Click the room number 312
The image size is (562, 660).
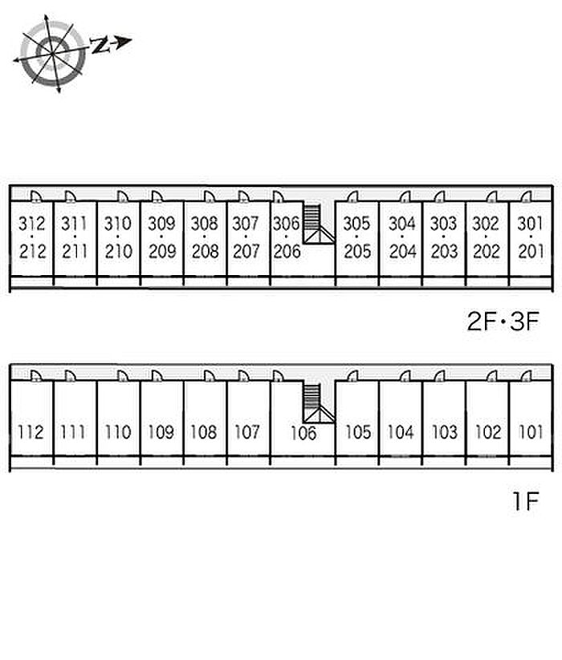(31, 223)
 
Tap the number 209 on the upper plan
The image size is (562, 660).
(162, 251)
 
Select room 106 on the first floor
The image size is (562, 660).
(303, 433)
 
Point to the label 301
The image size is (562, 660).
(530, 223)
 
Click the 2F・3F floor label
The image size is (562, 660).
(503, 321)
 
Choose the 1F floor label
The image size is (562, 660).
(526, 501)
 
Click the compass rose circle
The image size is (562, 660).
(53, 54)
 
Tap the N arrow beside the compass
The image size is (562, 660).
(112, 43)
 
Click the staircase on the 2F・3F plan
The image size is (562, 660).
(319, 224)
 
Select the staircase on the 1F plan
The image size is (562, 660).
(319, 403)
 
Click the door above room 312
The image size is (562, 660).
(36, 196)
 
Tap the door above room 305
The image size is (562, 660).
(352, 196)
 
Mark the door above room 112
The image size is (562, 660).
(36, 376)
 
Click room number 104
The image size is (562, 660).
(401, 432)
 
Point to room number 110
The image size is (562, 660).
(118, 432)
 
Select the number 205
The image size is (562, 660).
(357, 251)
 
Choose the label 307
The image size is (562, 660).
(246, 223)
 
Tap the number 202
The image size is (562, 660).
(487, 251)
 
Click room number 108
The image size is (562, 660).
(204, 432)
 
